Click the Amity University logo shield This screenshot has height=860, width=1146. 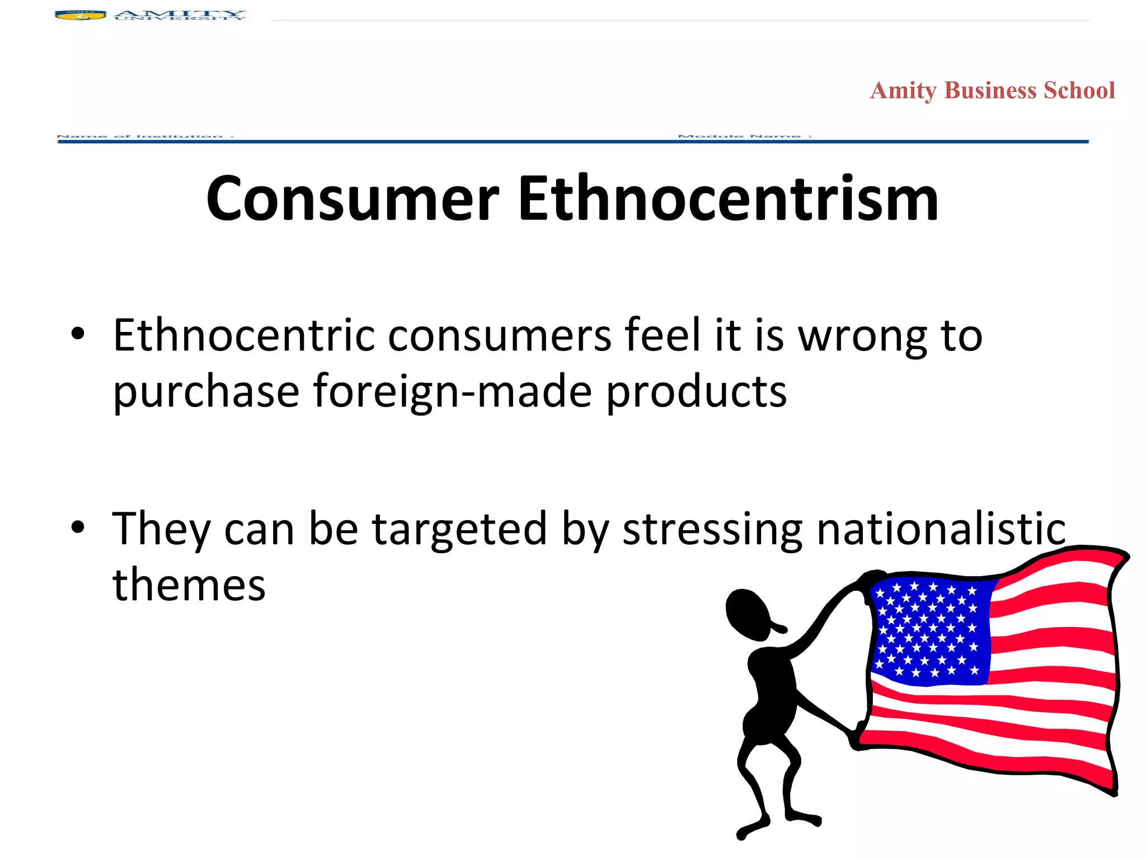81,15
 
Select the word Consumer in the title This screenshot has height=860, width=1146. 353,199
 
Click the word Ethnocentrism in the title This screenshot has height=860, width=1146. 728,199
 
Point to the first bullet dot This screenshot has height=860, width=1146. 78,334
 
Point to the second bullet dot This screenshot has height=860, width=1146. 78,527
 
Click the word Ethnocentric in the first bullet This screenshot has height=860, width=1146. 244,336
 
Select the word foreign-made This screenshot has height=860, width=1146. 452,392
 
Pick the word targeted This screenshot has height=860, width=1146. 459,530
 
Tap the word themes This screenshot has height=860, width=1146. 189,586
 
